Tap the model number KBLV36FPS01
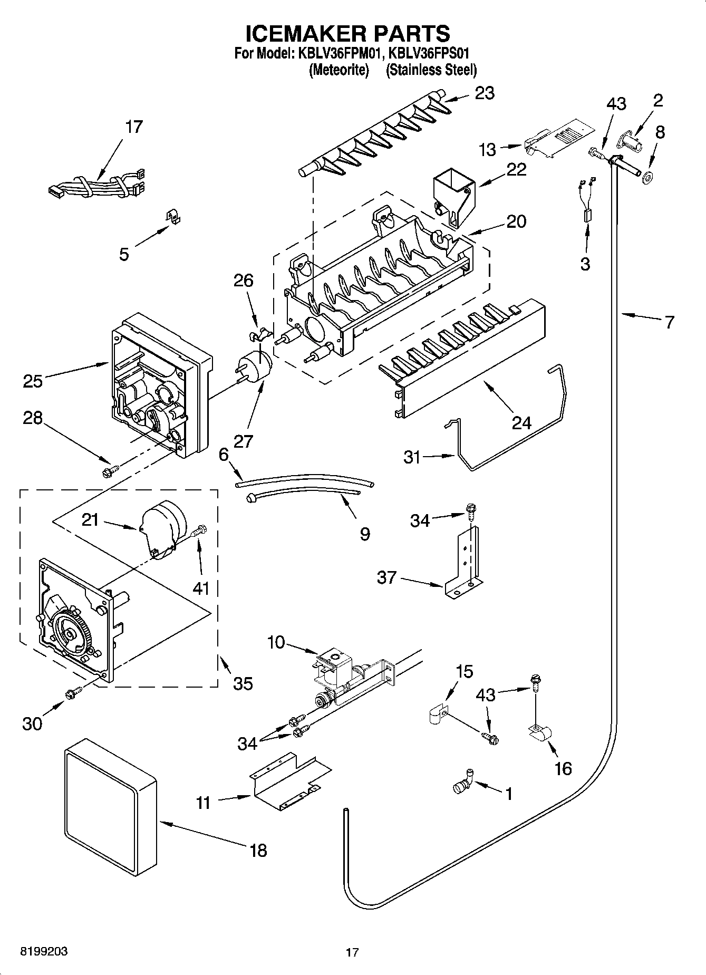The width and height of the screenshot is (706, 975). pyautogui.click(x=428, y=54)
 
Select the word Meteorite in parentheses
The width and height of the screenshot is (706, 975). pyautogui.click(x=338, y=70)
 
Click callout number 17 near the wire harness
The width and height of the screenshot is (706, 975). pyautogui.click(x=134, y=127)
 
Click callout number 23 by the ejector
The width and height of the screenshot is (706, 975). pyautogui.click(x=485, y=93)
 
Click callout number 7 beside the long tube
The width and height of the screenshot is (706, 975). pyautogui.click(x=669, y=322)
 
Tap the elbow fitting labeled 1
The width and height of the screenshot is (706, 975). pyautogui.click(x=462, y=785)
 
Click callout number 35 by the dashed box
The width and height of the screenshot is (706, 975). pyautogui.click(x=243, y=684)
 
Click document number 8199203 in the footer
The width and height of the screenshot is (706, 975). pyautogui.click(x=44, y=952)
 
